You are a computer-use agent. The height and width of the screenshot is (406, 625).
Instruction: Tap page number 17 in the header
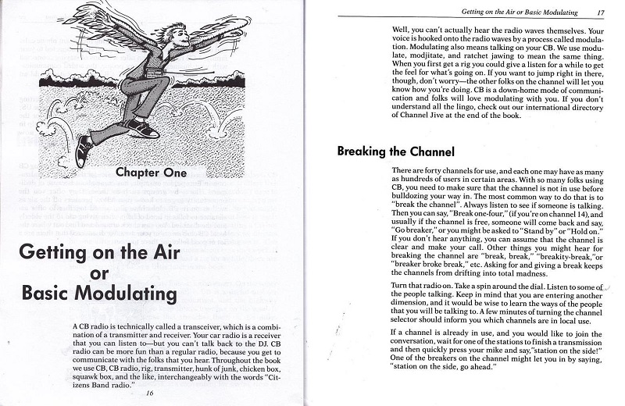coord(600,12)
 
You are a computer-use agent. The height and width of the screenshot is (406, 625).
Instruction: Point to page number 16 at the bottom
coord(148,392)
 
